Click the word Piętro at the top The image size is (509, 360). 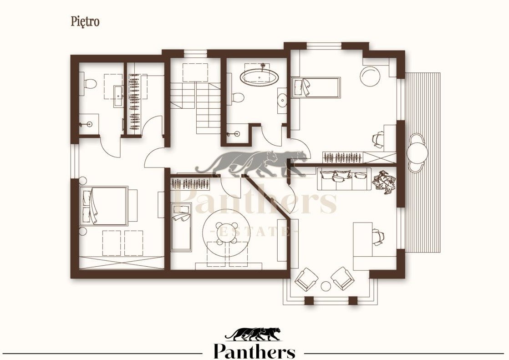tap(85, 21)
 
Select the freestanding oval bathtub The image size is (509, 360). tap(259, 78)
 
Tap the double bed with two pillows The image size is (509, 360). tap(104, 206)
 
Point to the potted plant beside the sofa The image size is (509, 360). tap(384, 182)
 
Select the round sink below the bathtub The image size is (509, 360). tap(282, 100)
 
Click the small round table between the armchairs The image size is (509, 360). tap(326, 286)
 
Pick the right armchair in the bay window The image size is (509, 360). tap(342, 278)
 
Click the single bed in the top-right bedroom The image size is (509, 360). tap(316, 87)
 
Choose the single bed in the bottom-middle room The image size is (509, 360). tap(182, 227)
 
